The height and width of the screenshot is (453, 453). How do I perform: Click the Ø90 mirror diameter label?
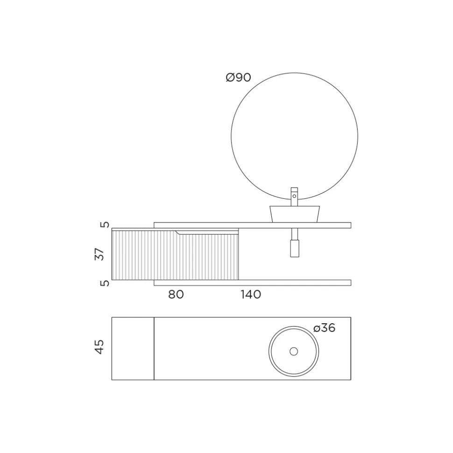(x=238, y=77)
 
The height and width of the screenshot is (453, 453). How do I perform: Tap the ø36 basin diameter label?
(x=325, y=328)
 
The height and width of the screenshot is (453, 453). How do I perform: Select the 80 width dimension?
(x=176, y=294)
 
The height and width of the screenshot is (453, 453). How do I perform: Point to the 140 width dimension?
(x=251, y=294)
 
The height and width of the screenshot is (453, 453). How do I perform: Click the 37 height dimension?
(x=99, y=254)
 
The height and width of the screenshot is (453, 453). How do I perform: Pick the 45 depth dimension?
(x=99, y=347)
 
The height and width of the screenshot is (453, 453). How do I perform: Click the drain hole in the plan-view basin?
(x=294, y=351)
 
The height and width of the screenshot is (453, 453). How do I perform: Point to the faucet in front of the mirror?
(x=294, y=196)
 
